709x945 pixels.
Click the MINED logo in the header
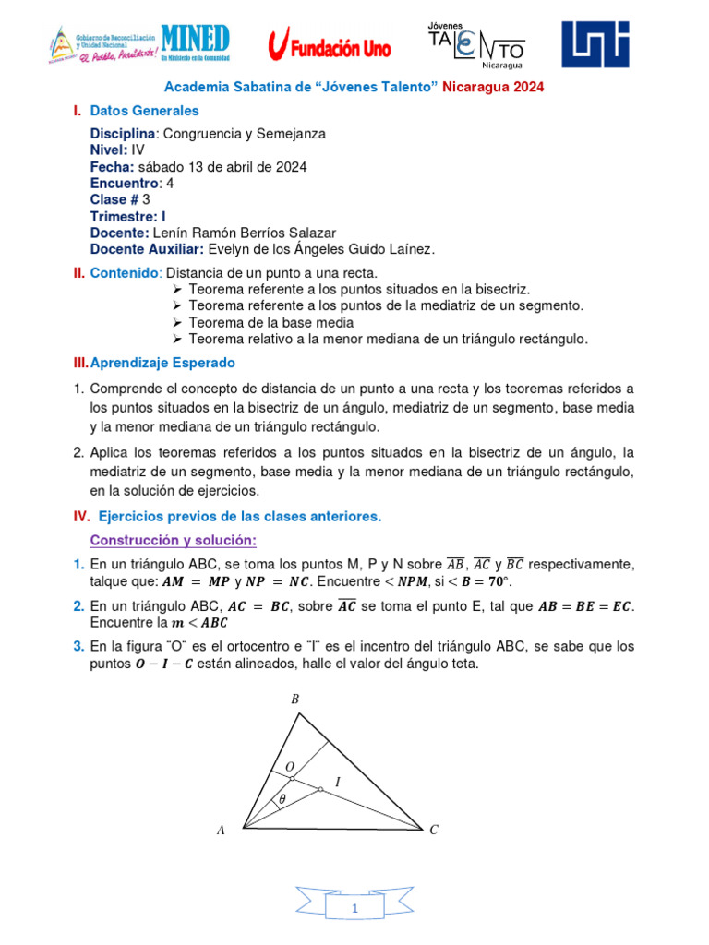(195, 42)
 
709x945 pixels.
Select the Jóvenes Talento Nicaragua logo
(476, 44)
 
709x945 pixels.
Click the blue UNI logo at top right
(596, 44)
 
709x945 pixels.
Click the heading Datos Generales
(144, 111)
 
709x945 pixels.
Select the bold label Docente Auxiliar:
(147, 249)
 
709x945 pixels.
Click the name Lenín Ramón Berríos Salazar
(246, 233)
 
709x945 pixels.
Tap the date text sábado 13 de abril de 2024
(222, 167)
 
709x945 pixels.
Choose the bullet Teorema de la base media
(270, 322)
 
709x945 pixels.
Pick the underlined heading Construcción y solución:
(173, 539)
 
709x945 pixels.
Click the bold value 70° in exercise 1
(497, 582)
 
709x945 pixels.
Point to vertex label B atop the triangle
(295, 700)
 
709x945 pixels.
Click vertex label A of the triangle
(221, 831)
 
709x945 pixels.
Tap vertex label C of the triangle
(434, 831)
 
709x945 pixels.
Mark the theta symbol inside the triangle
(282, 800)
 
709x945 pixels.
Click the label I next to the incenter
(337, 782)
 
